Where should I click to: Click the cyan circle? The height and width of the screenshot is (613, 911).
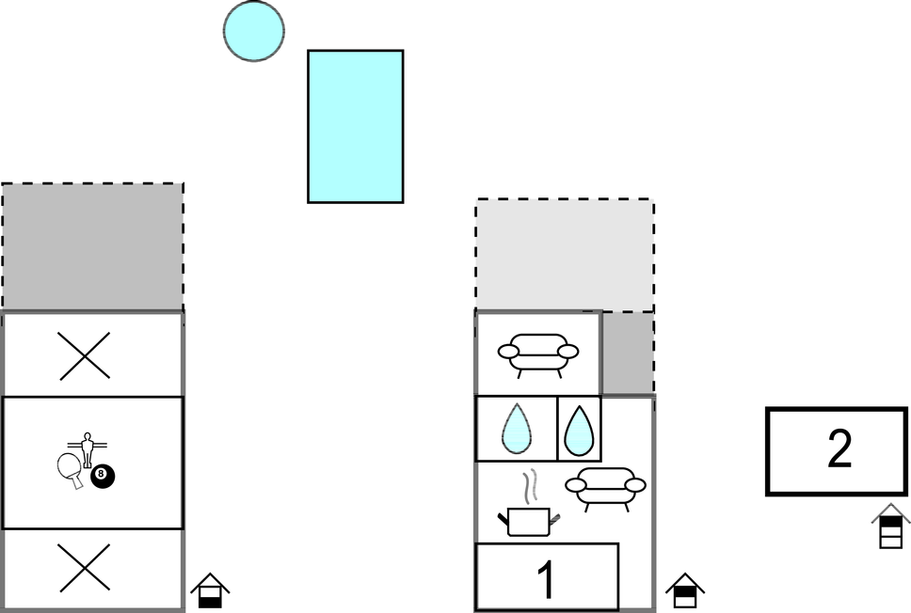pyautogui.click(x=254, y=31)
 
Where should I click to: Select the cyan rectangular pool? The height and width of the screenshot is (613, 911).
pyautogui.click(x=356, y=127)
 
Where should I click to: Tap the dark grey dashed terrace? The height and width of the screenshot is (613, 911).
pyautogui.click(x=93, y=247)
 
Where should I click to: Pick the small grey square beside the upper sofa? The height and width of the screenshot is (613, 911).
pyautogui.click(x=628, y=353)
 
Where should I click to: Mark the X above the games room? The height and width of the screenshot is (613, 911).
pyautogui.click(x=85, y=355)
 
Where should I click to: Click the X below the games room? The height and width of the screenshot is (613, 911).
pyautogui.click(x=85, y=568)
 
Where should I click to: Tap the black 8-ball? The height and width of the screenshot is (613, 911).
pyautogui.click(x=103, y=477)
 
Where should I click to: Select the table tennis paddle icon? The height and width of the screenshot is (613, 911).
pyautogui.click(x=71, y=469)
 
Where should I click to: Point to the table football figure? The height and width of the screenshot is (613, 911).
pyautogui.click(x=88, y=449)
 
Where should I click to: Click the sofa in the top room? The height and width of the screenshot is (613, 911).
pyautogui.click(x=538, y=355)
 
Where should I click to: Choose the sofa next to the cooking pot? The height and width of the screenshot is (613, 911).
pyautogui.click(x=605, y=489)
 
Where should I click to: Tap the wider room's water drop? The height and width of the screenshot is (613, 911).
pyautogui.click(x=516, y=429)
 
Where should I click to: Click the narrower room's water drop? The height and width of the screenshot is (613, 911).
pyautogui.click(x=579, y=431)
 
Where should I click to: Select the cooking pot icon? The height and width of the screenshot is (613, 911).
pyautogui.click(x=529, y=521)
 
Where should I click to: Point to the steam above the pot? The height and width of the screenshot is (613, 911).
pyautogui.click(x=529, y=486)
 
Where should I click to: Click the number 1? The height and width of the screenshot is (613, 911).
pyautogui.click(x=546, y=579)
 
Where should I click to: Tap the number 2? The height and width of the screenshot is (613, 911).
pyautogui.click(x=839, y=448)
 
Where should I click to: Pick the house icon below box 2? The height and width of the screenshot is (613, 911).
pyautogui.click(x=890, y=526)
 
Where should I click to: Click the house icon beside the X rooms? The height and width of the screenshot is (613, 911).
pyautogui.click(x=210, y=590)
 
